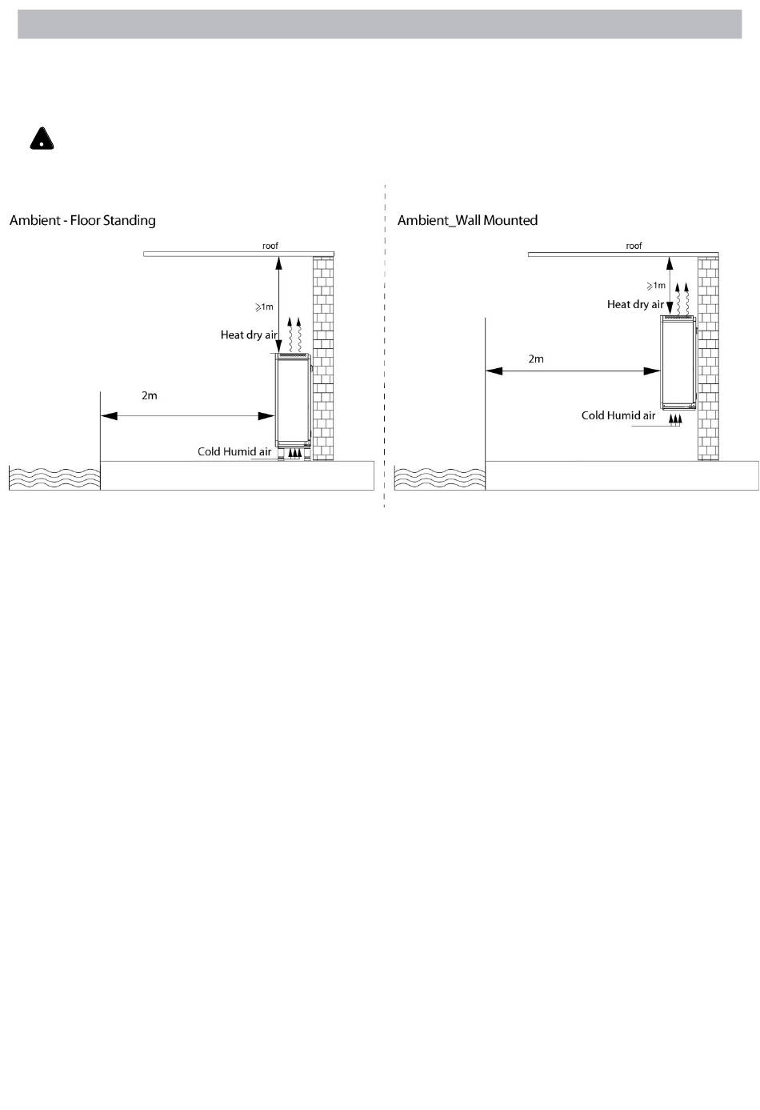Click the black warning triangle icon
[x=42, y=139]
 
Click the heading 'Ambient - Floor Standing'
[x=82, y=220]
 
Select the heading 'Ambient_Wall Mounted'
[x=467, y=220]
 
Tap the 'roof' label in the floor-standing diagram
[x=270, y=246]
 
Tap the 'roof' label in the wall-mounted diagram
[x=634, y=246]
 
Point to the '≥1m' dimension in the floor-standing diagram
[x=264, y=307]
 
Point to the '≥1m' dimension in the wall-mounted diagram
[x=656, y=286]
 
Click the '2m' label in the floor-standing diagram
[x=150, y=396]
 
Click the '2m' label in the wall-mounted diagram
[x=536, y=359]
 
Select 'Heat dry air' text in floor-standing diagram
[x=249, y=335]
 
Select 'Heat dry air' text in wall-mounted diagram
[x=635, y=304]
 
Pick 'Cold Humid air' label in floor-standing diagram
[x=234, y=452]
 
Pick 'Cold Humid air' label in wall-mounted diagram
[x=618, y=415]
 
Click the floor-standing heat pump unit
[x=292, y=400]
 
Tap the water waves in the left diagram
[x=54, y=477]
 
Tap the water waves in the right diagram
[x=439, y=477]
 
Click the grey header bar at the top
[x=379, y=24]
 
